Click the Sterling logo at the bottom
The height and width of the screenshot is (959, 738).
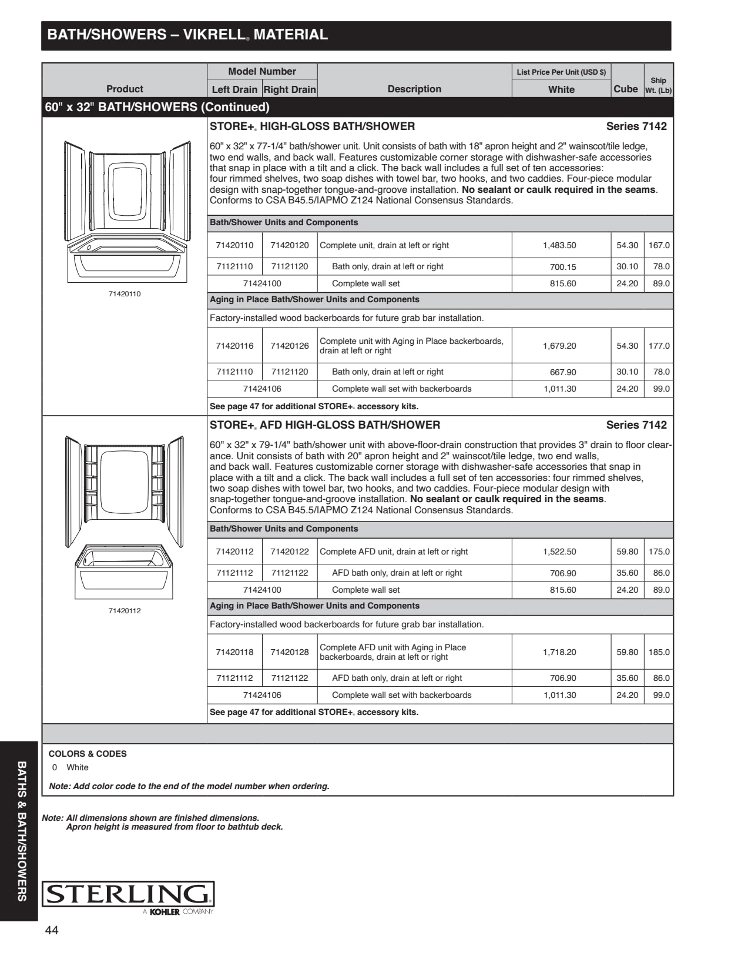point(128,894)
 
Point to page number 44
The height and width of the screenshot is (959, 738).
point(52,930)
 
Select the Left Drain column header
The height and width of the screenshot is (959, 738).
point(234,89)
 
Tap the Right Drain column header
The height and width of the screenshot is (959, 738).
point(290,89)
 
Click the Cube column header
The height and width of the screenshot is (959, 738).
point(625,89)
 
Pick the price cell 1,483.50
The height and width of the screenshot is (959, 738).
point(559,245)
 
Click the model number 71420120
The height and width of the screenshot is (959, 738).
point(290,245)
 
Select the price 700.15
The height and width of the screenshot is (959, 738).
point(563,267)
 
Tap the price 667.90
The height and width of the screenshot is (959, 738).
point(563,372)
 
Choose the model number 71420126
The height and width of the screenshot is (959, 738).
point(290,346)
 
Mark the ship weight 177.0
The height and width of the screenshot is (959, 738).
point(659,346)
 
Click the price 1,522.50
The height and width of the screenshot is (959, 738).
point(559,552)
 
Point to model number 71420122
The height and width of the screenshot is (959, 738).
point(290,552)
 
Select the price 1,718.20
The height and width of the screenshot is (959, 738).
point(559,652)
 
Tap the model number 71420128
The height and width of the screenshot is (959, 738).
point(290,652)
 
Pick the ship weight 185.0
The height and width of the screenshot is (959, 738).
point(659,652)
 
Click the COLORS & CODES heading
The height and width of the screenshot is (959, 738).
point(88,754)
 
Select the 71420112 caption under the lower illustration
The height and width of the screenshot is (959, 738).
point(125,611)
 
